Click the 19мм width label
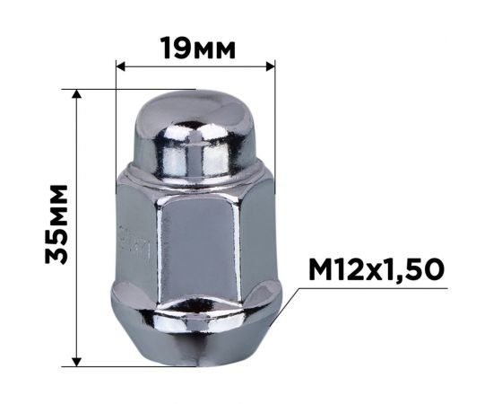click(x=196, y=48)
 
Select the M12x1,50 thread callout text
click(x=376, y=269)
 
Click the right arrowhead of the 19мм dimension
click(x=270, y=66)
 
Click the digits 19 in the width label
click(x=176, y=48)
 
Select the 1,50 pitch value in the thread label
click(x=411, y=269)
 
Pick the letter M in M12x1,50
click(x=321, y=269)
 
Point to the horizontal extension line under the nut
click(x=134, y=366)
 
